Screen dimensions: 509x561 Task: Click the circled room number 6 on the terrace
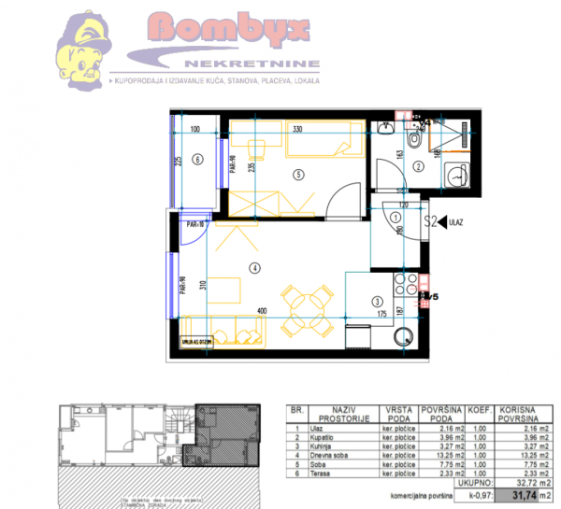(x=197, y=160)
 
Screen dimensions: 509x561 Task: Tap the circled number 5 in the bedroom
(x=298, y=174)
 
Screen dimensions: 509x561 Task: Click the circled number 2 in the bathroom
(x=420, y=166)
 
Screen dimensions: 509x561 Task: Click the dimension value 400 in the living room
(x=264, y=310)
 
